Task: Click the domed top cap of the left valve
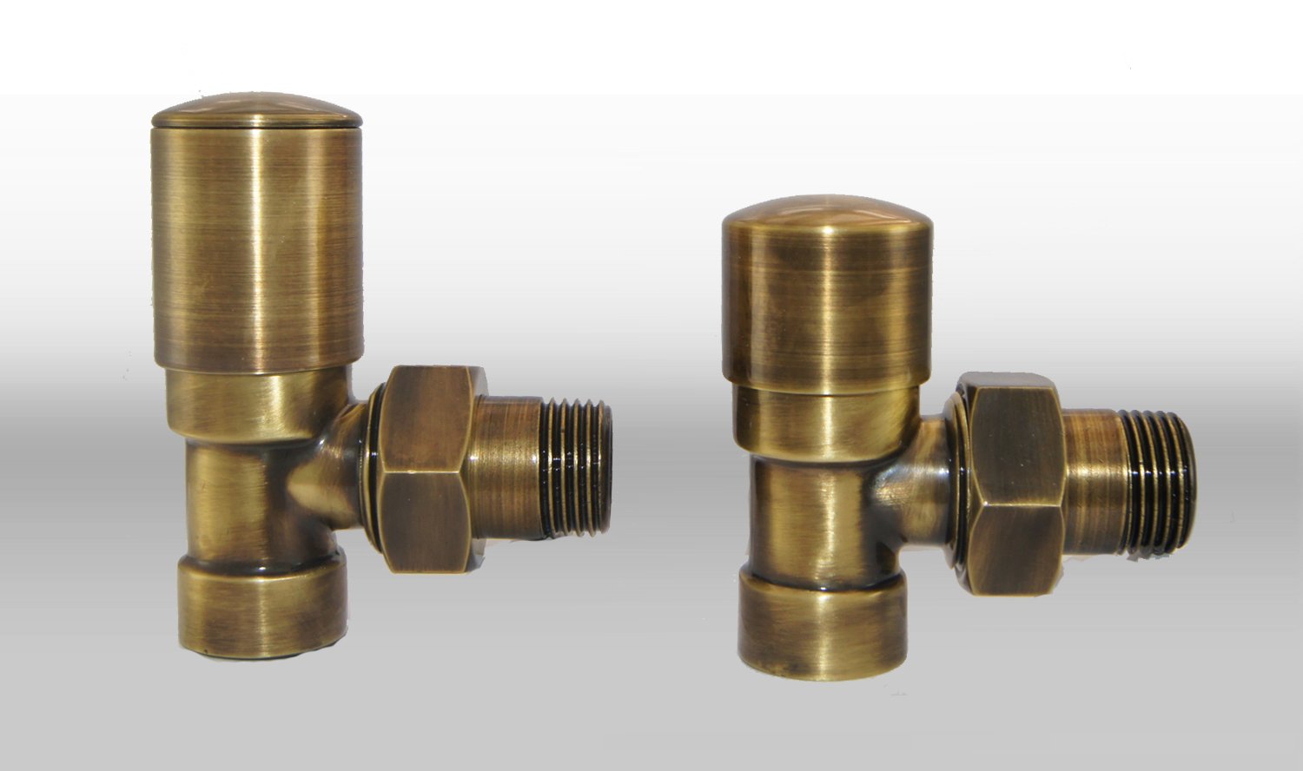(256, 111)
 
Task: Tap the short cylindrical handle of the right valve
(826, 304)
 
